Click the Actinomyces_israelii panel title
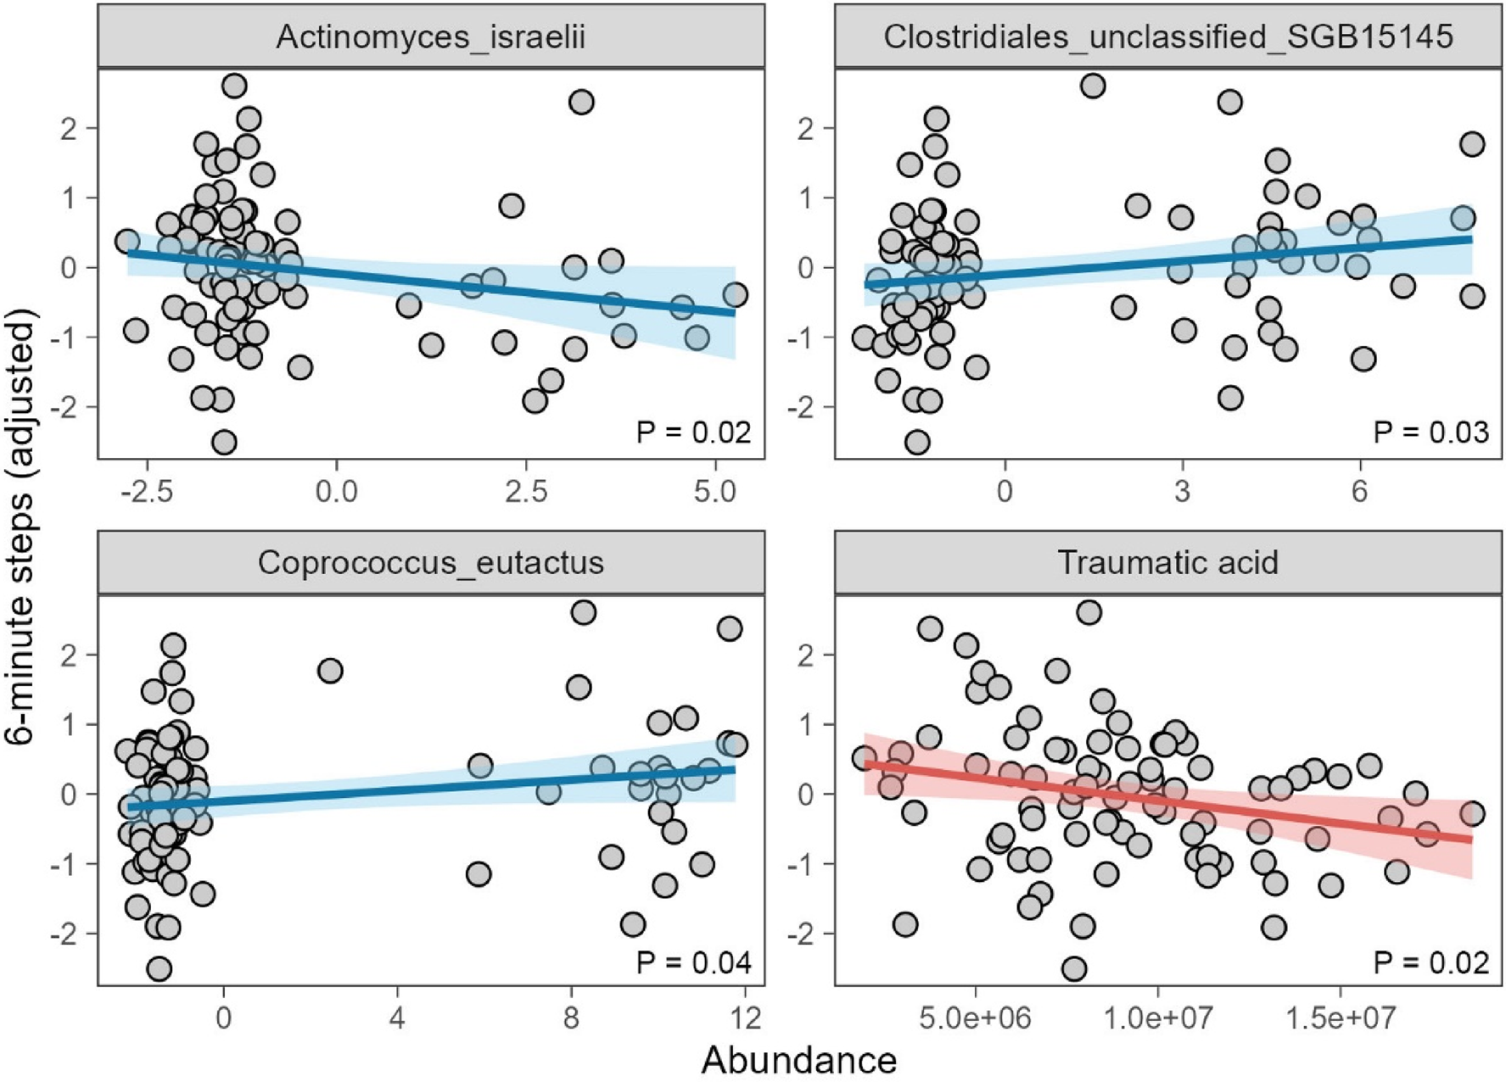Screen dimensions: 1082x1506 430,37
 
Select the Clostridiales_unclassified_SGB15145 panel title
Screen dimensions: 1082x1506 1167,37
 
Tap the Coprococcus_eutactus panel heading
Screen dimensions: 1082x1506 430,563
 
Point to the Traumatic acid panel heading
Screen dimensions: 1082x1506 1167,563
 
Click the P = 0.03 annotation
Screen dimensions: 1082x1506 1430,432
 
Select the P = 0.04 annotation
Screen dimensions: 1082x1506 693,963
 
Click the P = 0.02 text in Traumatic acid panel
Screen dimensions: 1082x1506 1430,963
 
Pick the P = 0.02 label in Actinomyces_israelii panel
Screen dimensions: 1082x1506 693,432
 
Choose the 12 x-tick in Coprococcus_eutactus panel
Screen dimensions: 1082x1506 744,1018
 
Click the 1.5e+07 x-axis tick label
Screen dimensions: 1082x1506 1340,1018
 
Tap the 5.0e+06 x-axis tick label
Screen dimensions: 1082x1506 975,1018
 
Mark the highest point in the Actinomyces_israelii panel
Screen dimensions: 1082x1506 234,86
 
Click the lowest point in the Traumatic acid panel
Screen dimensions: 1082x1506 1074,968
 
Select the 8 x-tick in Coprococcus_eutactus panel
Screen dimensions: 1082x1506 570,1018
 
